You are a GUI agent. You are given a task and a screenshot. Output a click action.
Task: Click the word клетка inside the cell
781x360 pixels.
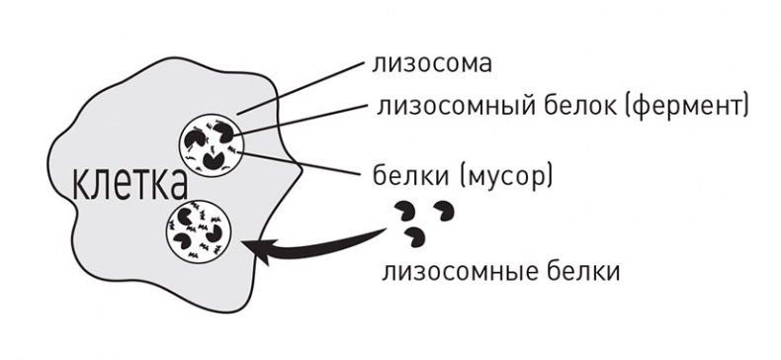(x=130, y=183)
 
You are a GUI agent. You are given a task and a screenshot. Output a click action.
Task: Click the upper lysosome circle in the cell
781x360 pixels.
(x=211, y=144)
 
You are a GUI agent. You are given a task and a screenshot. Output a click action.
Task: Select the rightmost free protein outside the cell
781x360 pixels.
(x=447, y=212)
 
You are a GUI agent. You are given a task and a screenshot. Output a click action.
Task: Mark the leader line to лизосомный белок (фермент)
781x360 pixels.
(x=306, y=117)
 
